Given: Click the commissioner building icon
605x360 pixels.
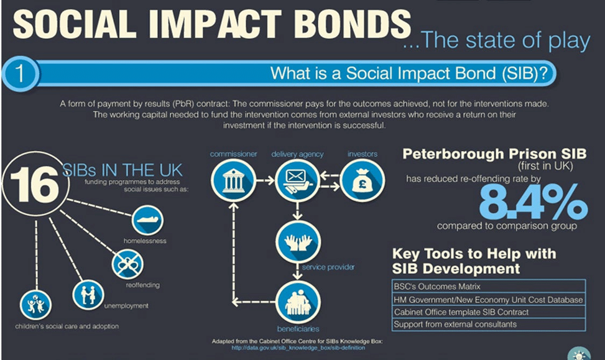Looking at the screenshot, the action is point(233,180).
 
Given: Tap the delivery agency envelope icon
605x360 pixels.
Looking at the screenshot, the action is point(297,180).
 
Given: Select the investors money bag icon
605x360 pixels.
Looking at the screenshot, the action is point(363,180).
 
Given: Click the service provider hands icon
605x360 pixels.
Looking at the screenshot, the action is point(298,242).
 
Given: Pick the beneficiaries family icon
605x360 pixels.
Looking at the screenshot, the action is point(298,302).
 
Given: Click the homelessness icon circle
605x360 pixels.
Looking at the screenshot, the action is point(147,220).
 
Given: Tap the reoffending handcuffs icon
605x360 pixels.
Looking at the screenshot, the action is point(127,264).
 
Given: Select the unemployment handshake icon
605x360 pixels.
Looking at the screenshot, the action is point(88,295).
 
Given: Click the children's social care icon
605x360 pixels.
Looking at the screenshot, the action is point(35,305).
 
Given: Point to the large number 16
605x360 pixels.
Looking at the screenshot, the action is point(34,185).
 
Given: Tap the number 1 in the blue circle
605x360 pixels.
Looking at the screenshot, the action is point(19,73).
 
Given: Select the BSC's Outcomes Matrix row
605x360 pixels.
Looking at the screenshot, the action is point(489,286).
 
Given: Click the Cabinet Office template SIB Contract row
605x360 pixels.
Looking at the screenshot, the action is point(489,312).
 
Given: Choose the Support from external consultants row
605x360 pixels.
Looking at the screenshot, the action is point(489,325).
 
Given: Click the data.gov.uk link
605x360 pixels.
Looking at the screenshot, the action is point(298,348).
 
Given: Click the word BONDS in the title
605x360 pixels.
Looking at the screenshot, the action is point(352,23).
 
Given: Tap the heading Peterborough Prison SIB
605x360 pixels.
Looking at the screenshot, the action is point(494,154).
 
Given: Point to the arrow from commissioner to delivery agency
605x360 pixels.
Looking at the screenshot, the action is point(266,180).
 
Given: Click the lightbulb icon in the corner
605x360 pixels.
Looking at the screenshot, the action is point(579,354).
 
